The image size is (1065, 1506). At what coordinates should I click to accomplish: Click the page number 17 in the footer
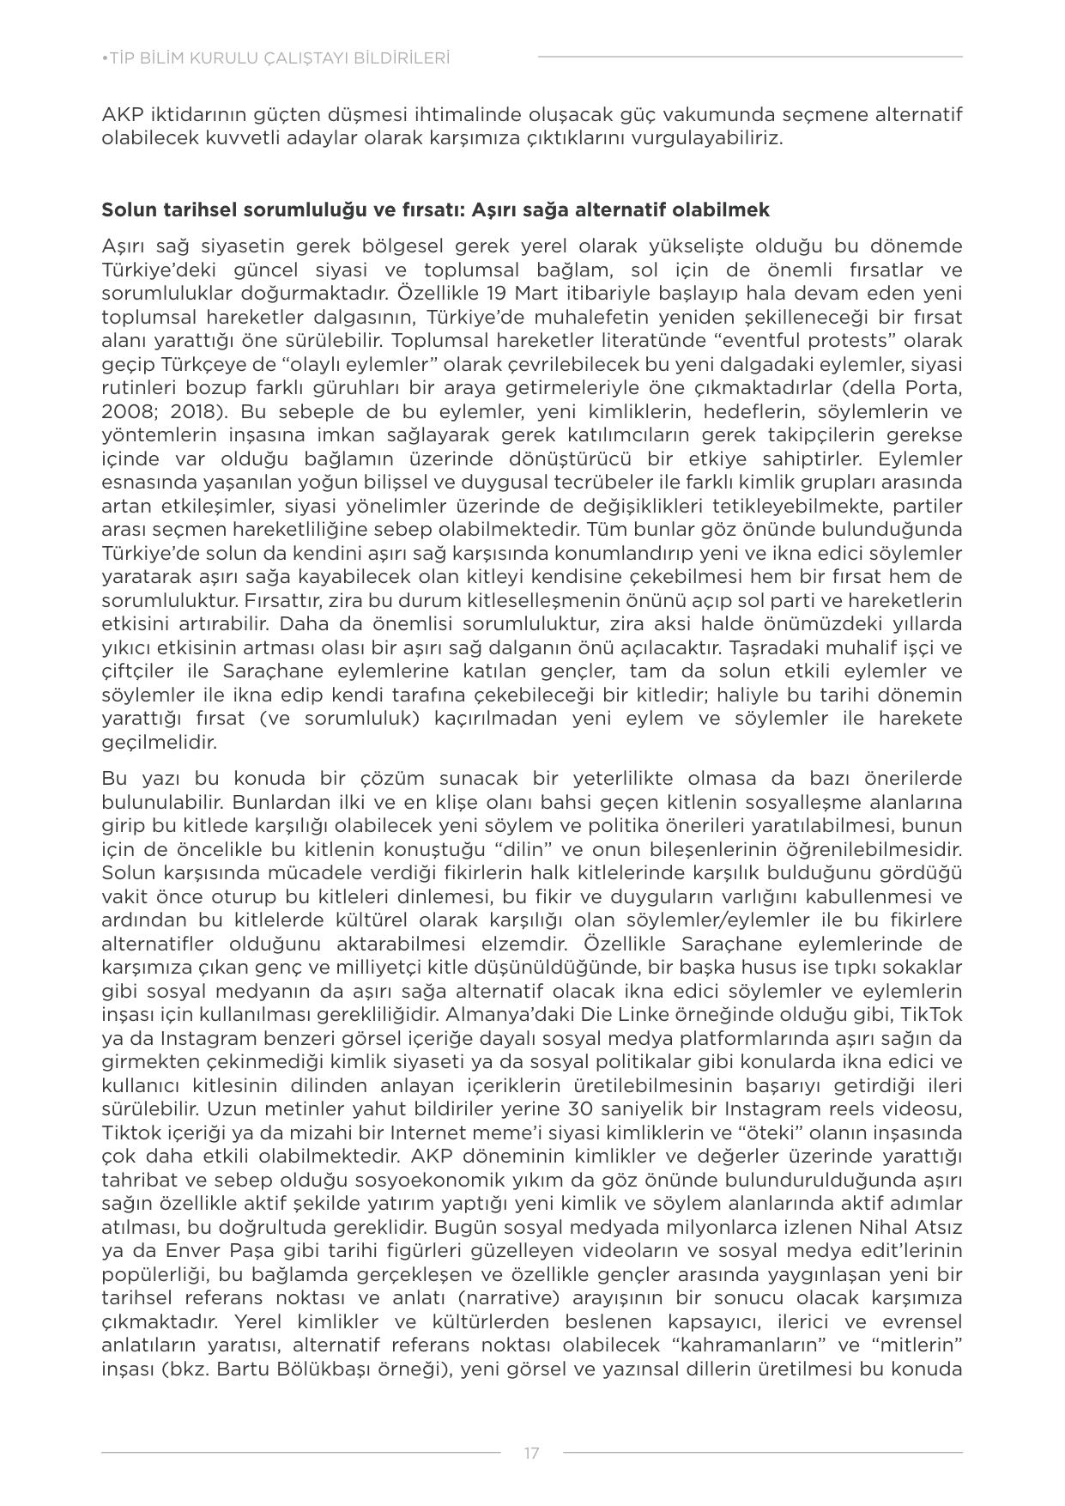[x=531, y=1453]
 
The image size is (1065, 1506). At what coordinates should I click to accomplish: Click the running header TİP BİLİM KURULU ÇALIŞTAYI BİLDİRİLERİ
[x=275, y=58]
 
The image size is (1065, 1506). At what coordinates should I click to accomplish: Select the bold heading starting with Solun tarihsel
[x=436, y=210]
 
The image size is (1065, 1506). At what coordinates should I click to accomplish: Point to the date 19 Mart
[x=517, y=293]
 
